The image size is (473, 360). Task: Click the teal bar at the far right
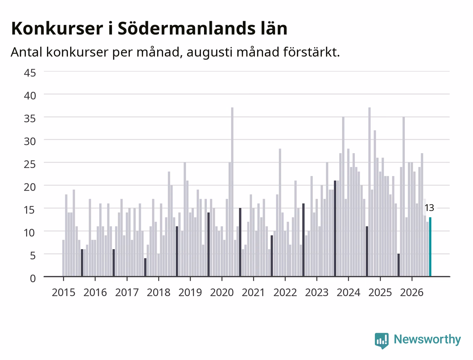430,247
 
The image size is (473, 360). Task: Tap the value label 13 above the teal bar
429,208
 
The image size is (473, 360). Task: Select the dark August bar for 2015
82,263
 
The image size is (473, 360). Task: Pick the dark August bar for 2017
145,267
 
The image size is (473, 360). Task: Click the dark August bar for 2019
208,244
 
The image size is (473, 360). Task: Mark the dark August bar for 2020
240,242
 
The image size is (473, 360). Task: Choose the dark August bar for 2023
335,228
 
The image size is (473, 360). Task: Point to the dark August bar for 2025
399,265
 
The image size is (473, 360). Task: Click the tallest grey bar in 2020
232,192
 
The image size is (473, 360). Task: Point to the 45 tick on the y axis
30,73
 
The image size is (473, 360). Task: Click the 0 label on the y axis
33,278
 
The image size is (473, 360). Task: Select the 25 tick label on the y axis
30,164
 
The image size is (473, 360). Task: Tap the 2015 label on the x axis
63,293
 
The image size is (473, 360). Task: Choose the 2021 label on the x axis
253,293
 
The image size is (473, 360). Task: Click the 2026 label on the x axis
412,293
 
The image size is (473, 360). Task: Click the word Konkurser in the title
57,28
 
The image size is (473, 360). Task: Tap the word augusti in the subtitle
210,52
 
